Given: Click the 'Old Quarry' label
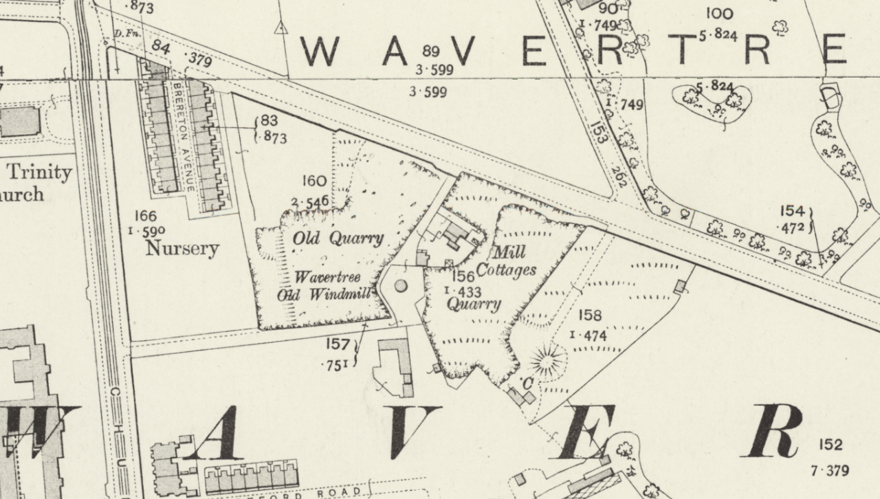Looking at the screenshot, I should click(x=338, y=239).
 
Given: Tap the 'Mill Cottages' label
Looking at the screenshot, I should click(x=506, y=261).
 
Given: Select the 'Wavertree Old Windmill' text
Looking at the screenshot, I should click(x=327, y=286).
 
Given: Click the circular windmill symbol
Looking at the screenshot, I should click(x=401, y=285).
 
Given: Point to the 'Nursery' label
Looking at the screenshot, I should click(x=181, y=248).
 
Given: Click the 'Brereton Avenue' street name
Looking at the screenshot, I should click(x=180, y=138).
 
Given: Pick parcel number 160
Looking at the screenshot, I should click(x=313, y=181).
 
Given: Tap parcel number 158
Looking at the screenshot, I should click(x=590, y=315).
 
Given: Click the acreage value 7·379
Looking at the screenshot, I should click(x=830, y=471).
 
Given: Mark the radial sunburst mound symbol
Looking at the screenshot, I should click(x=548, y=362).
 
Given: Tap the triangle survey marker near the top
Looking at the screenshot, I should click(x=280, y=27).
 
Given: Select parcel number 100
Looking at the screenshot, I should click(x=718, y=13).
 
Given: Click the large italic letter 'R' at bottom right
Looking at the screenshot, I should click(x=773, y=431).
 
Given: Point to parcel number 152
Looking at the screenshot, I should click(x=830, y=445).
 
